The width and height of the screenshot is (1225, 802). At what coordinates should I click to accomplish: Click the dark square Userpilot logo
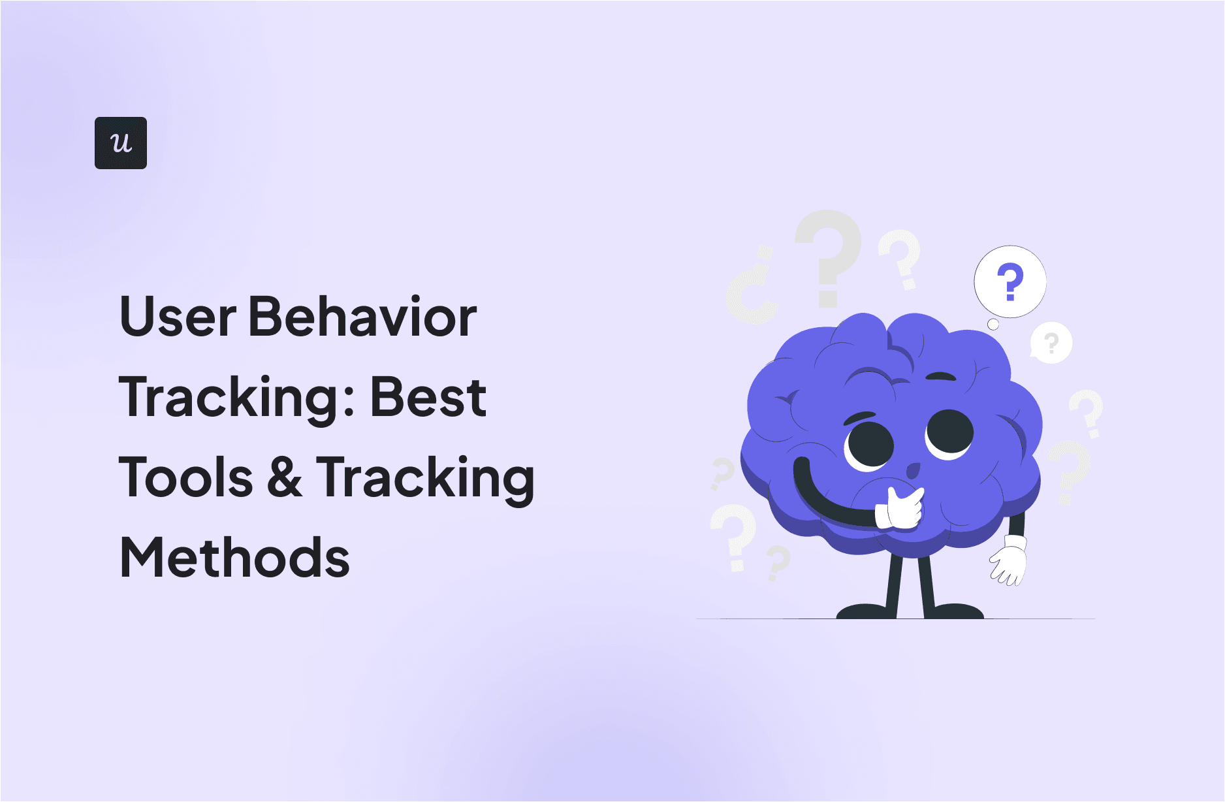coord(121,143)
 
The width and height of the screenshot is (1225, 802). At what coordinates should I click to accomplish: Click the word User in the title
coord(178,317)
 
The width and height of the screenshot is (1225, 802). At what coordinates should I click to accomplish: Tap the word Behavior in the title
coord(363,317)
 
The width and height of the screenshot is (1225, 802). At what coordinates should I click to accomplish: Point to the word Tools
coord(186,477)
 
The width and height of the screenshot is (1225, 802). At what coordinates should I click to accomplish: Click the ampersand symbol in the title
coord(285,477)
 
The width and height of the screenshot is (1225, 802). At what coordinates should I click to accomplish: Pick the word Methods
coord(235,558)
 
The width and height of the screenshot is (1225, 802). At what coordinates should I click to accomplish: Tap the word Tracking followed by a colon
coord(236,398)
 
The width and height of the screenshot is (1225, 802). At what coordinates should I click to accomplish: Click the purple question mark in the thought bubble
coord(1010,281)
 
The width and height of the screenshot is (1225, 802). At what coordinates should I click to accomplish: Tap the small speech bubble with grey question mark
coord(1051,343)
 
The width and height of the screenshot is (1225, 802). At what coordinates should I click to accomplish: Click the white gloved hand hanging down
coord(1008,561)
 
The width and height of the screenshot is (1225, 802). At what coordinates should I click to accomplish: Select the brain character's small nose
coord(913,470)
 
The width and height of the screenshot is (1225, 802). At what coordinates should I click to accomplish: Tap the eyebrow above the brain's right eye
coord(941,376)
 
